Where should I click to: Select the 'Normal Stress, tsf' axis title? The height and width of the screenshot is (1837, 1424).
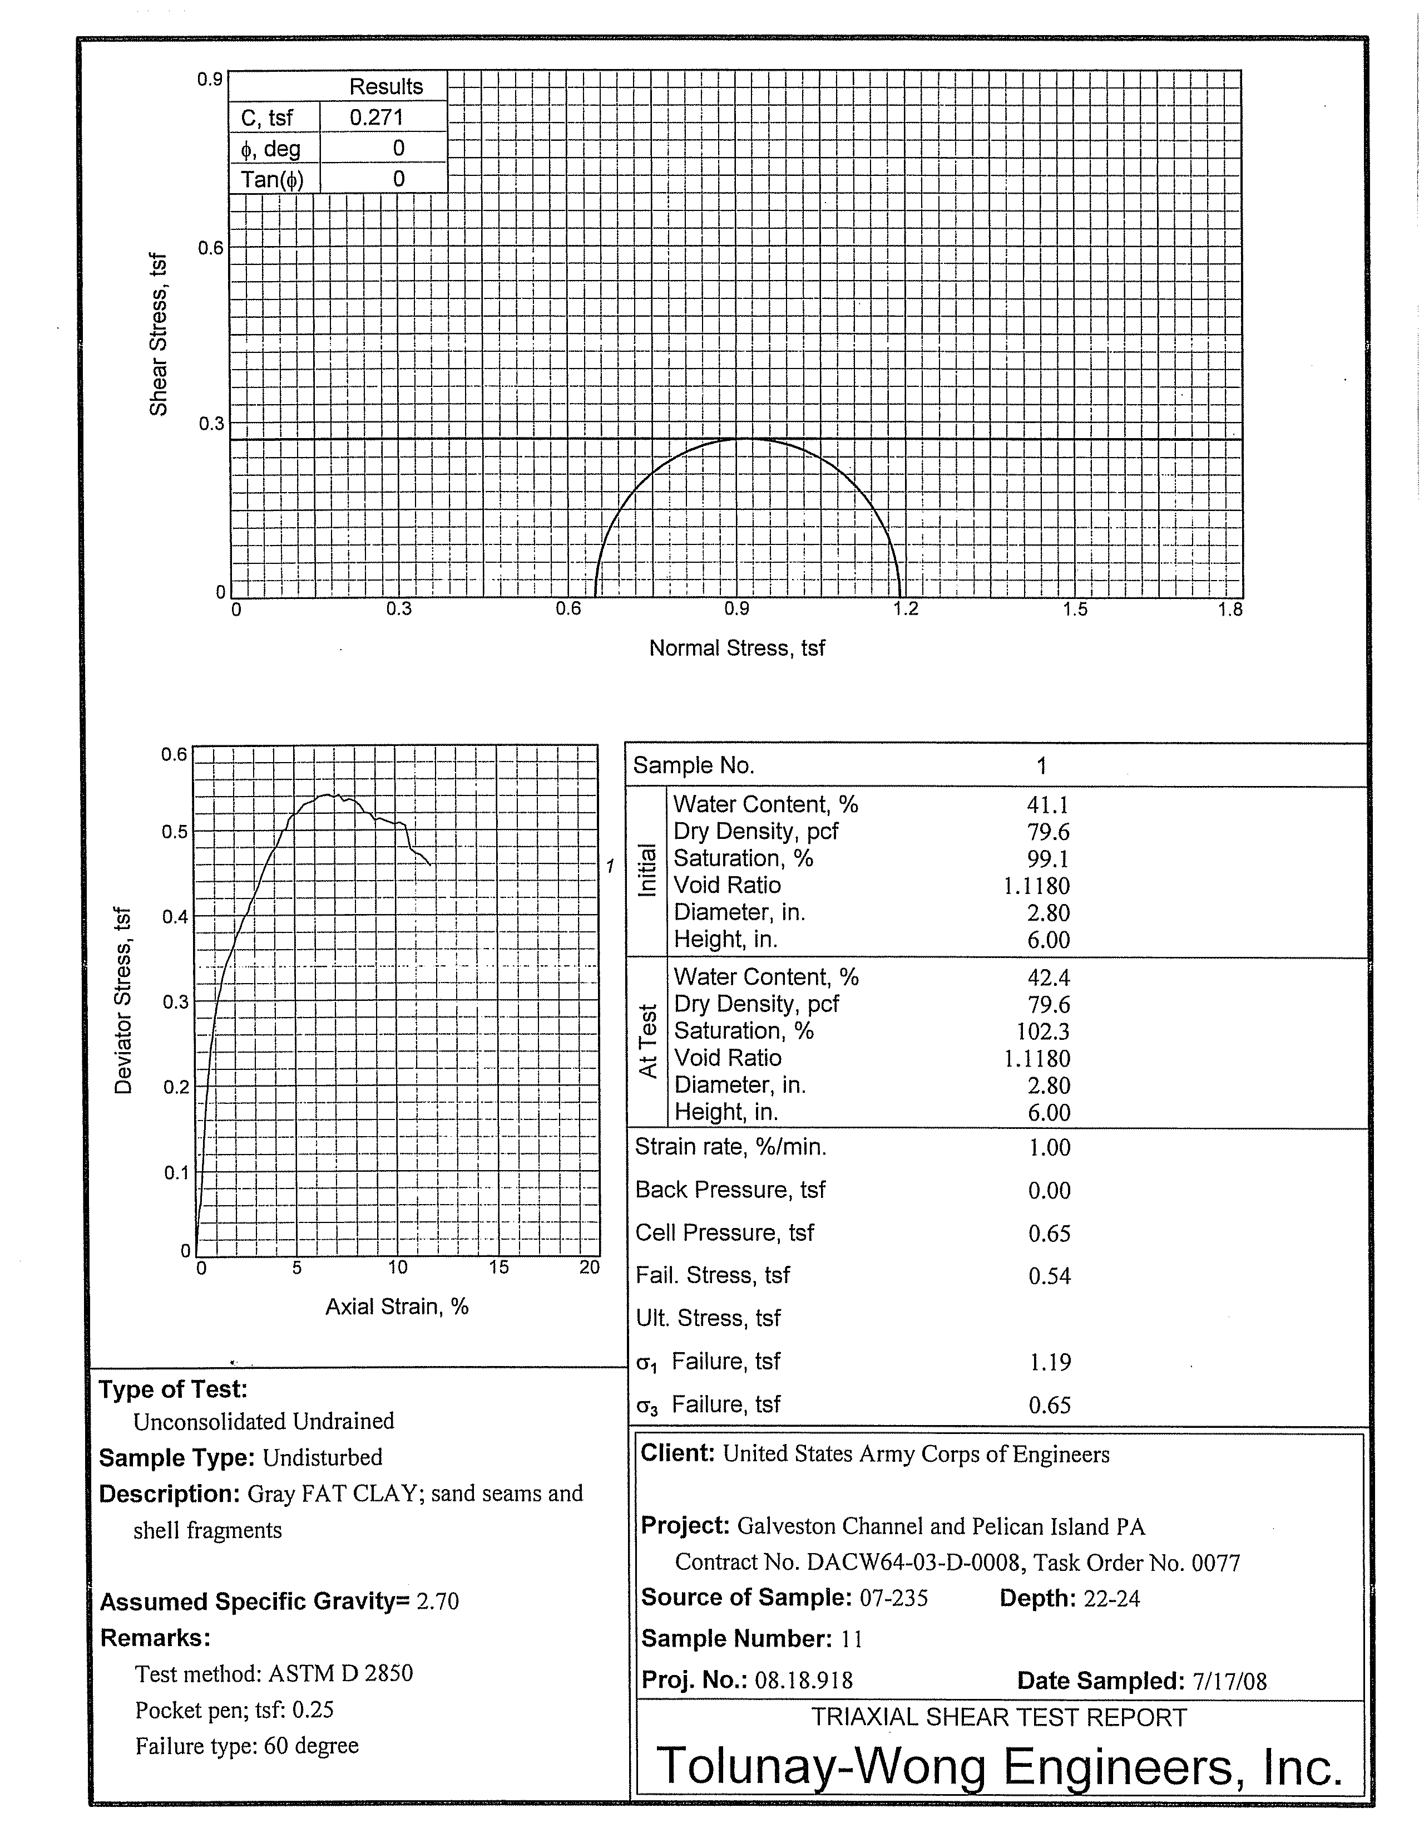point(736,647)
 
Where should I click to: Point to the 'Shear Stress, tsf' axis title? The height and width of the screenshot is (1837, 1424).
point(158,334)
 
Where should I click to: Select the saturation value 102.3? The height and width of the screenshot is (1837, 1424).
point(1041,1031)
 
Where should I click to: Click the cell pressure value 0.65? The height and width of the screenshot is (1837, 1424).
point(1049,1233)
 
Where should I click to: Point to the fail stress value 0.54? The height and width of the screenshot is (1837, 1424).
point(1049,1276)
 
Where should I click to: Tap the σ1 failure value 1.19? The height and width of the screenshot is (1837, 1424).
point(1050,1362)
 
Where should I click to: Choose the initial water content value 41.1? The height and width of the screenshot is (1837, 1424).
point(1047,805)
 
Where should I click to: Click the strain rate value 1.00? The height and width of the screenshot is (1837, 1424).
point(1049,1147)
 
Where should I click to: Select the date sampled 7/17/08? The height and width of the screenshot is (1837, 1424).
point(1229,1681)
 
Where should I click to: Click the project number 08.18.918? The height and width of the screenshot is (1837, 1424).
point(804,1681)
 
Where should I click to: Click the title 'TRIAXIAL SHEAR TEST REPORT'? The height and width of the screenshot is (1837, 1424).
point(998,1717)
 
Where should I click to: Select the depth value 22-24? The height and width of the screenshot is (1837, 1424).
point(1111,1598)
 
